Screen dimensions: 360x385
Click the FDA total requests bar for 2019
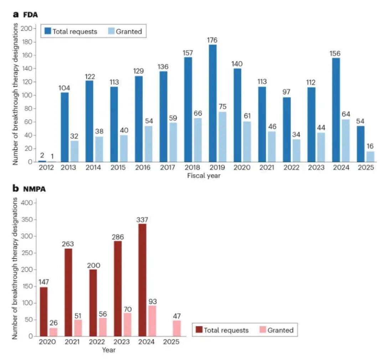(212, 103)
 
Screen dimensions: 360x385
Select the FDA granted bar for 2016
(148, 144)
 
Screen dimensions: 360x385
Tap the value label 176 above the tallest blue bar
(212, 40)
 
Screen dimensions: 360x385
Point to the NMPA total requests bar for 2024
(142, 280)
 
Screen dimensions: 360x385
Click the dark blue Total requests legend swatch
(48, 31)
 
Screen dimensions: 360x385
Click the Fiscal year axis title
(204, 175)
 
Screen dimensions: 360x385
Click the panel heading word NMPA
(35, 189)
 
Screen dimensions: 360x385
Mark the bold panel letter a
(16, 15)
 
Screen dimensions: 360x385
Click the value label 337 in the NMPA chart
(142, 220)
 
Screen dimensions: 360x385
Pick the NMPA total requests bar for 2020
(43, 312)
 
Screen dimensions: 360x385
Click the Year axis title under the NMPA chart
(108, 350)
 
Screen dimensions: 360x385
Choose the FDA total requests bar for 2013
(65, 127)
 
